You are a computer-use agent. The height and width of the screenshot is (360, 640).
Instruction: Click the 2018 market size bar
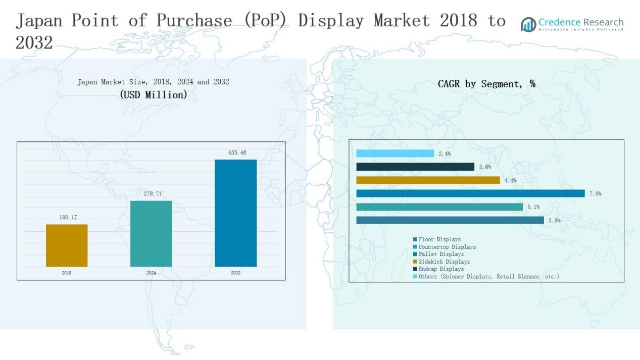tap(67, 245)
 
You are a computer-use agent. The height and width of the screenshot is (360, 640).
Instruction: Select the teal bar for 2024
tap(151, 234)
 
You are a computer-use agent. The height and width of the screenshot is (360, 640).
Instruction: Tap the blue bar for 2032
tap(235, 213)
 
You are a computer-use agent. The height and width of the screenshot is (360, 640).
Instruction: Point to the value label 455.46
tap(237, 152)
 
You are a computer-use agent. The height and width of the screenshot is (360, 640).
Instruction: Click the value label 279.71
tap(151, 194)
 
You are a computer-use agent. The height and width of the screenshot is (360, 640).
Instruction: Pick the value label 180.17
tap(68, 217)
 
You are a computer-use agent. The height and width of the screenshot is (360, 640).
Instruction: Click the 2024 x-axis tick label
tap(151, 273)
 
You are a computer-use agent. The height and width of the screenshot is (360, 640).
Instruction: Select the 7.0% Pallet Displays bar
tap(470, 193)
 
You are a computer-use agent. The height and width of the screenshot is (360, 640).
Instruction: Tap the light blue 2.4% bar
tap(395, 153)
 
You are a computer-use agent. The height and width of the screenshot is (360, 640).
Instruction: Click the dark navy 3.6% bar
tap(415, 167)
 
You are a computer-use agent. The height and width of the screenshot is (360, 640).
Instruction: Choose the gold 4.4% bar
tap(428, 180)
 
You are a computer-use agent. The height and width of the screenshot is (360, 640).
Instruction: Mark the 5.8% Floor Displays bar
tap(450, 220)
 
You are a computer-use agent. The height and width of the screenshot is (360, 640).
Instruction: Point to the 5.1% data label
tap(533, 207)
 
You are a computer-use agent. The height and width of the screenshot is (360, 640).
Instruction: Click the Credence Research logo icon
tap(528, 24)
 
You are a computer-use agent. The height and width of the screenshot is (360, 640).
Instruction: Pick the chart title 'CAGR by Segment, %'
tap(486, 84)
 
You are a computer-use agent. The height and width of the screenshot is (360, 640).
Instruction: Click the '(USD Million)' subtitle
tap(154, 94)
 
